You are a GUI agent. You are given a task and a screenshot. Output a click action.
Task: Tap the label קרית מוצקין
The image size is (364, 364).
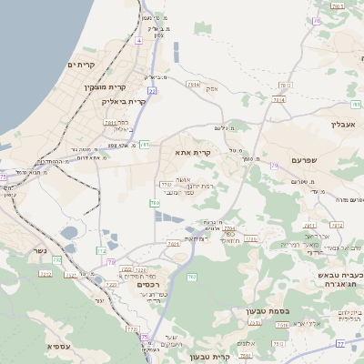pos(103,87)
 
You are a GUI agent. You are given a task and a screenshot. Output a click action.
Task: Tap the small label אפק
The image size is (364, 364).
pos(212,88)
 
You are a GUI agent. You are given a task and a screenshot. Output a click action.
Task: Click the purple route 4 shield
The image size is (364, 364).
pos(138,41)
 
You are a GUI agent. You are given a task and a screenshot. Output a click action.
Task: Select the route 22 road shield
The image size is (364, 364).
pos(152,91)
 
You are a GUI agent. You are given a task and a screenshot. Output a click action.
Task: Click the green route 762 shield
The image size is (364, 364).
pos(192,277)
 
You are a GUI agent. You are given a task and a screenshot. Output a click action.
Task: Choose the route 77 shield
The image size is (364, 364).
pos(339,343)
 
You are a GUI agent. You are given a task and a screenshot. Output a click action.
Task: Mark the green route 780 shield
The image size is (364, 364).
pos(155,202)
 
